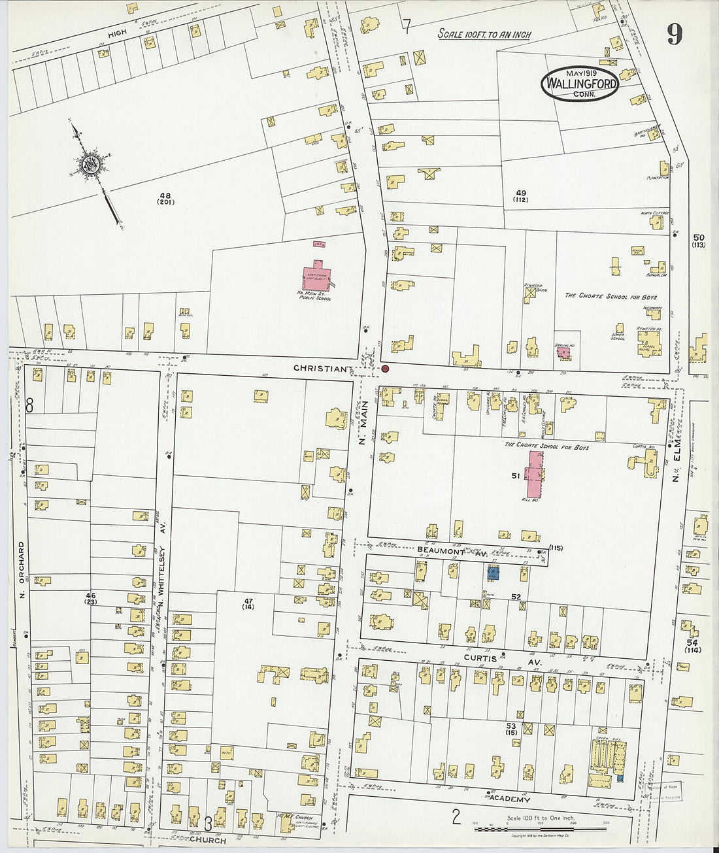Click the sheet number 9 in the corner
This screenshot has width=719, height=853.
coord(674,34)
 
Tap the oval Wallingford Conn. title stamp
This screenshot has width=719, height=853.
coord(580,84)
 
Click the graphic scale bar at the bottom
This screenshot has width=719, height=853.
coord(541,828)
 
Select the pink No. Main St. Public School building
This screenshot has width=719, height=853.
coord(317,274)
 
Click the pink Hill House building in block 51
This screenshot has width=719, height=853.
coord(536,474)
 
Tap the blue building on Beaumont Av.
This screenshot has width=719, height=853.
coord(493,573)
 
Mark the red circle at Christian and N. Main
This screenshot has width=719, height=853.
coord(385,369)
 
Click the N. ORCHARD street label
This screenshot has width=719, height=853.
coord(22,569)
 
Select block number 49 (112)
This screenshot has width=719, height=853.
coord(521,195)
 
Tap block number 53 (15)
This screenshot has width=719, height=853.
coord(511,729)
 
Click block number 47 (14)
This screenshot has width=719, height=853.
coord(248,603)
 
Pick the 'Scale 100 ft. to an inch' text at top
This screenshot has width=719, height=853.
coord(484,34)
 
